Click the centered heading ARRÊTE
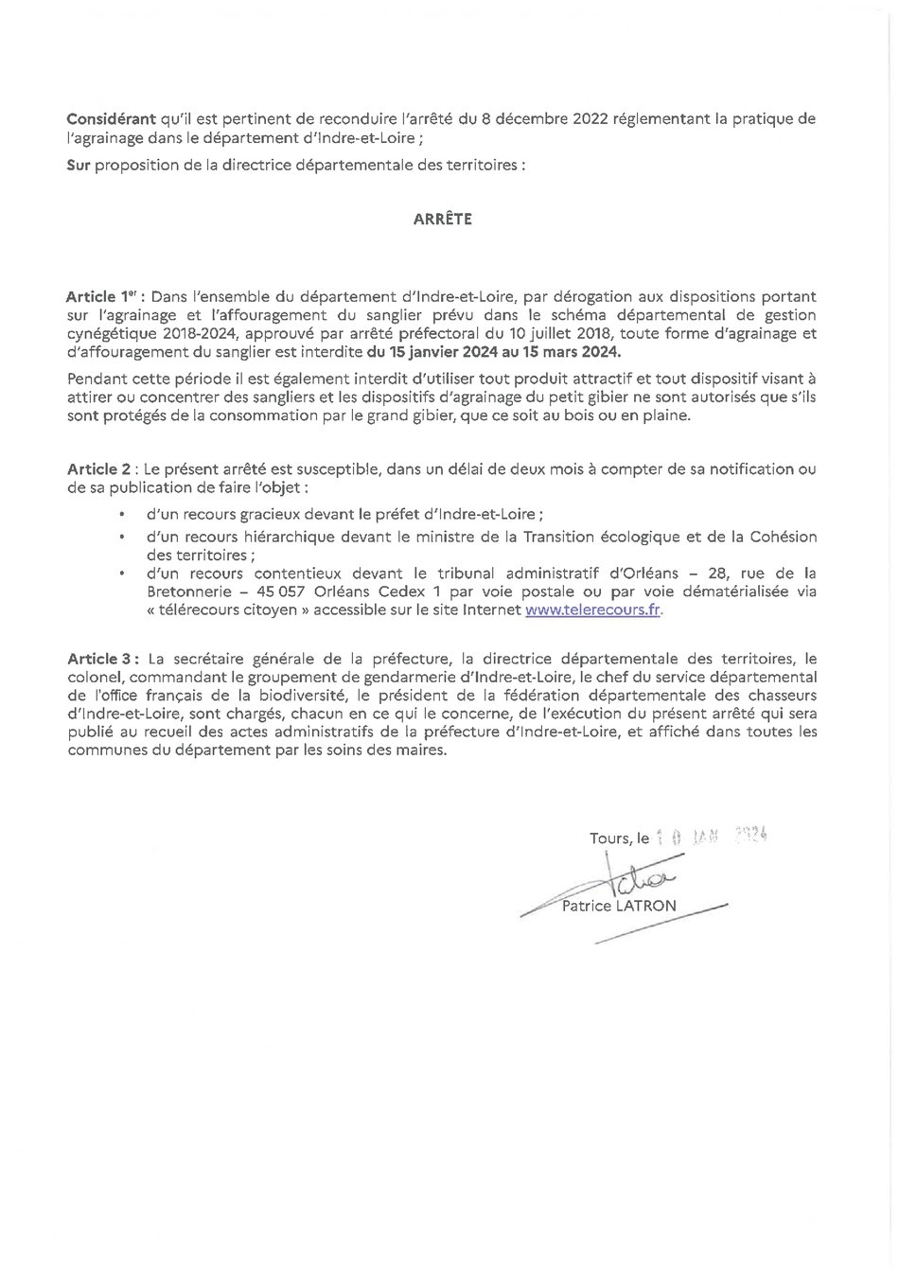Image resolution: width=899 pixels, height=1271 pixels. pos(442,219)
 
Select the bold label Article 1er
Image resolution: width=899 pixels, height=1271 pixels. pos(103,296)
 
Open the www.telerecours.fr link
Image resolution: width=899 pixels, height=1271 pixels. pos(593,610)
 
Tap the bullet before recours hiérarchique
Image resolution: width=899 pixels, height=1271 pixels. pos(122,537)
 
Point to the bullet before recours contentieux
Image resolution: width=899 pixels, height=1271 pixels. pos(122,574)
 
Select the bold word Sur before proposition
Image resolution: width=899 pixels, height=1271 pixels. pos(79,165)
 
